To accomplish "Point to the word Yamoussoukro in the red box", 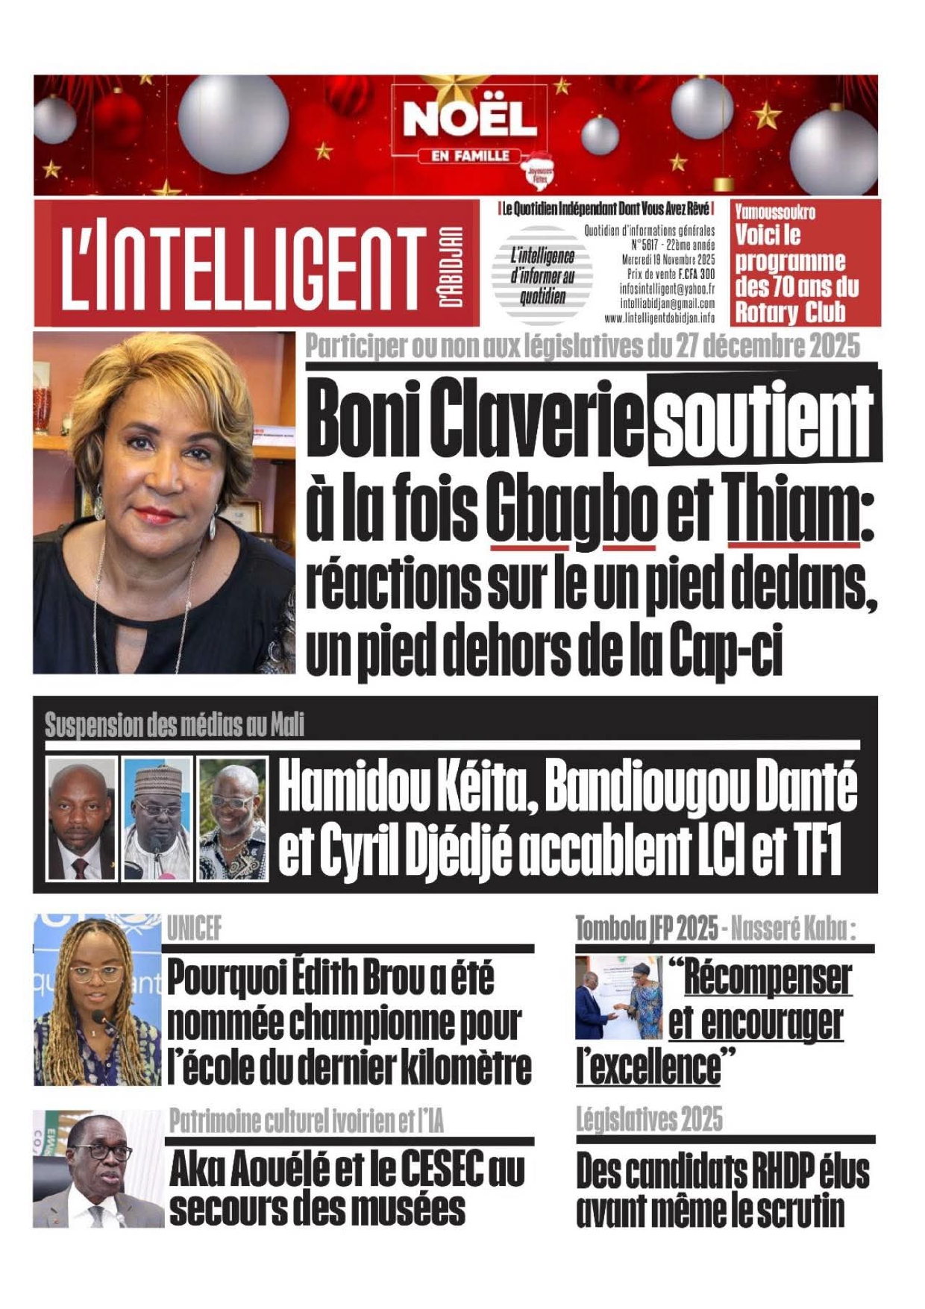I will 774,212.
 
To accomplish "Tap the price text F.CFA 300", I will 697,274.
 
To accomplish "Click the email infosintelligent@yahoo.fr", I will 667,289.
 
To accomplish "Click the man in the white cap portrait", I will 157,818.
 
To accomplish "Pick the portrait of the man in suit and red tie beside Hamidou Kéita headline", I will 81,818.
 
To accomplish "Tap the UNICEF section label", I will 194,929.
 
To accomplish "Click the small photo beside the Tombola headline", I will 618,996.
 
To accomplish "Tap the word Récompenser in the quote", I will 767,978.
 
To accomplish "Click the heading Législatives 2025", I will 649,1120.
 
